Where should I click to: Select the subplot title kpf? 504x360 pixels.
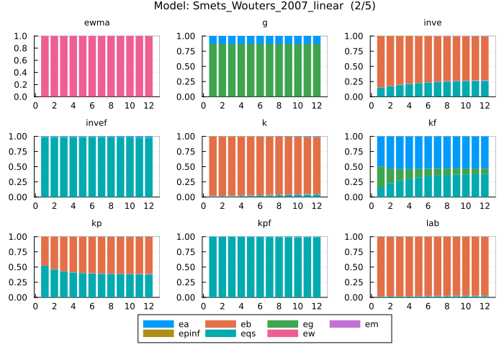(x=264, y=223)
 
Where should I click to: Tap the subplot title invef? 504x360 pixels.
(x=96, y=123)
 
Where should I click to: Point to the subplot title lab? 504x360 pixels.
(x=433, y=223)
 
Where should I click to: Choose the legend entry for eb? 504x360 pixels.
(x=242, y=324)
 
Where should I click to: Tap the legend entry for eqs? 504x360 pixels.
(x=242, y=334)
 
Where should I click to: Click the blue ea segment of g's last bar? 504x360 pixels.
(x=316, y=40)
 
